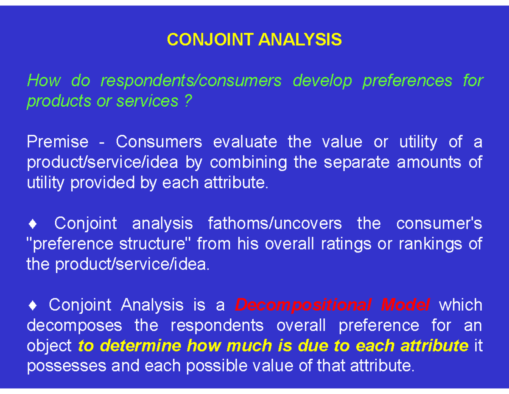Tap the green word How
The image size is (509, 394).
(x=44, y=80)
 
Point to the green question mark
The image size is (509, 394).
(x=188, y=101)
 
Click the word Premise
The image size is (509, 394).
(x=57, y=142)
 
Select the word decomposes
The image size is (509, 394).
(x=74, y=326)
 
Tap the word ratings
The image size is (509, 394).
(x=375, y=244)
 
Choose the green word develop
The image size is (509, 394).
(x=322, y=80)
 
